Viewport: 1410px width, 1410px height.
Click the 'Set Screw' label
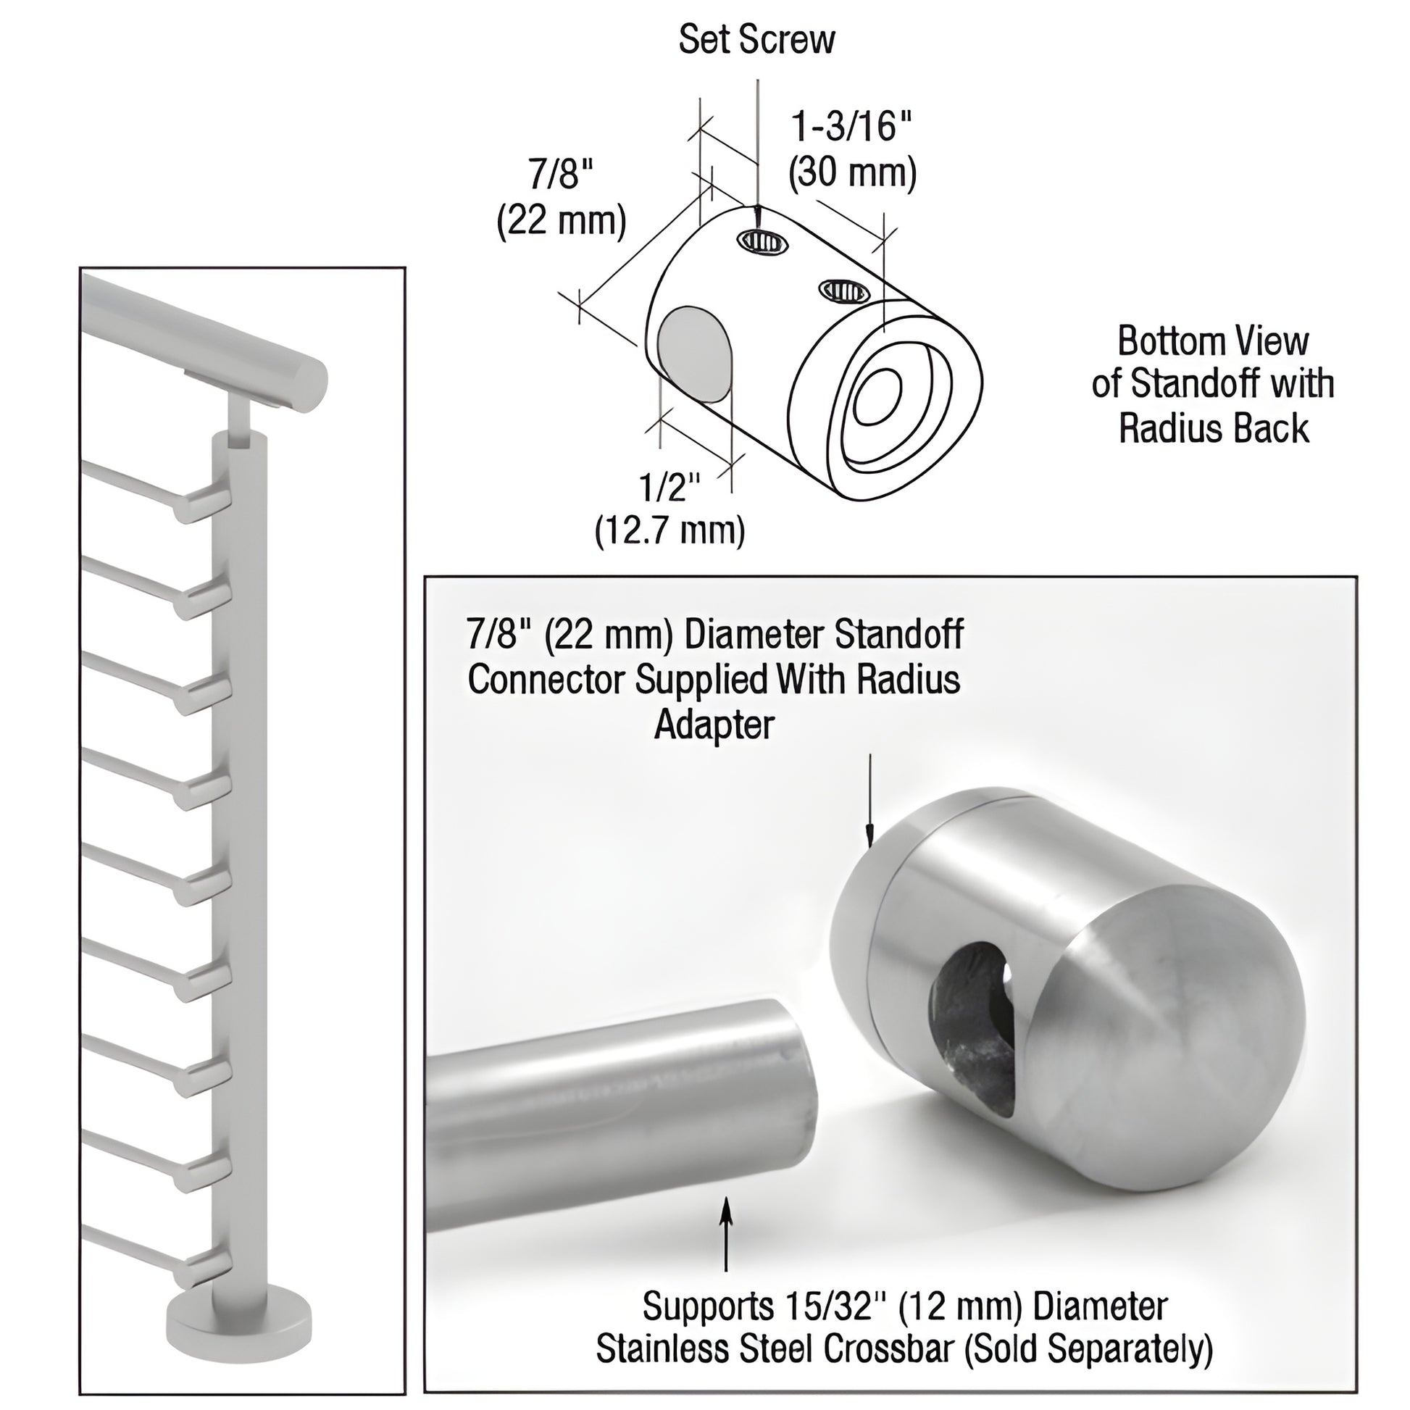[757, 40]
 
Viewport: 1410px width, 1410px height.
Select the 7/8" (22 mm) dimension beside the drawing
[562, 199]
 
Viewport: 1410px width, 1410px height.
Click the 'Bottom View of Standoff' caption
[1213, 385]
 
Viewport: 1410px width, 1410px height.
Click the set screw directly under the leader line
[763, 240]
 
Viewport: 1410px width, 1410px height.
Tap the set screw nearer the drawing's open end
[843, 291]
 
